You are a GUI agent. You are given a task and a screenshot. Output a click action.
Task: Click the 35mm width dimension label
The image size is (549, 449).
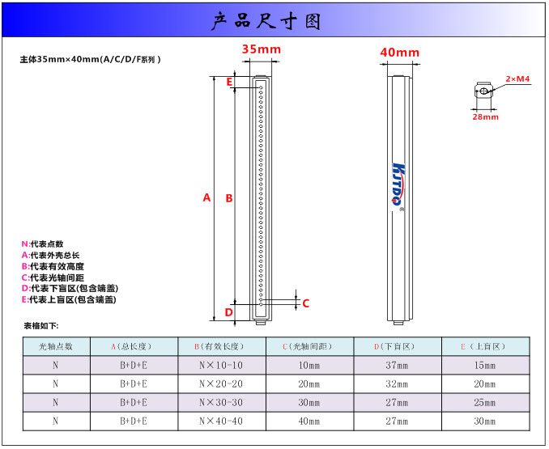coord(262,49)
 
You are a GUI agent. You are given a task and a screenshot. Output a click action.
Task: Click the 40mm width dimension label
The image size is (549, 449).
coord(399,53)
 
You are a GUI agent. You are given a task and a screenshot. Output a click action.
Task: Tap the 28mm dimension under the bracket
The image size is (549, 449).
coord(485,116)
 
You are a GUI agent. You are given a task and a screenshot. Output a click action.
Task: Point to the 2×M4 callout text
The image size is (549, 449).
coord(517,79)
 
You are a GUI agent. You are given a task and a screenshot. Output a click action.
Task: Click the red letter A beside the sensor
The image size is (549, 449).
coord(206,197)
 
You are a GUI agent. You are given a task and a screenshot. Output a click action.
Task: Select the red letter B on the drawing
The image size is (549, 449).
coord(229,198)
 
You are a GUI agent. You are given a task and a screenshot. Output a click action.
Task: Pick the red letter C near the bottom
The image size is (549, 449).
coord(305,303)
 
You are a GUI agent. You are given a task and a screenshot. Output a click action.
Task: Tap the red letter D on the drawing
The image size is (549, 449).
coord(228,312)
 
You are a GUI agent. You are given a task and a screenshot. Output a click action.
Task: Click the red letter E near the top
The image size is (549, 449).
coord(229,82)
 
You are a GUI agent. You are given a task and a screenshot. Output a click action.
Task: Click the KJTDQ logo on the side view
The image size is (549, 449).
coord(398,183)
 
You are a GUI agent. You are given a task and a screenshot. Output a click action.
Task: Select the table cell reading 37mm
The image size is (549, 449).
coord(397,366)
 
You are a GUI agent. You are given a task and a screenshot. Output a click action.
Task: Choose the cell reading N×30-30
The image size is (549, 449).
coord(221,403)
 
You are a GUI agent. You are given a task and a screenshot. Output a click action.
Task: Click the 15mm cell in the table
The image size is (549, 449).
coord(485,366)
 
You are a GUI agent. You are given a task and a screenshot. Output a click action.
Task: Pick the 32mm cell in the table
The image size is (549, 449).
coord(397,384)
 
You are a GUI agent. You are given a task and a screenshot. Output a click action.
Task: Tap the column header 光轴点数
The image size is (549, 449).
coord(56,346)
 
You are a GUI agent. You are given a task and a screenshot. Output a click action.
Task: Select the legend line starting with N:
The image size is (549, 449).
coord(42,244)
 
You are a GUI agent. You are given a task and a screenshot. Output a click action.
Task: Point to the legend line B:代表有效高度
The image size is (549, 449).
coord(53,266)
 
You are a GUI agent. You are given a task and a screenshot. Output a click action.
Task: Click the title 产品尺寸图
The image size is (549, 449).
coord(266,21)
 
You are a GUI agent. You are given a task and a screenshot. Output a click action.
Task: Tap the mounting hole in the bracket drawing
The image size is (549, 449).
coord(483,91)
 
